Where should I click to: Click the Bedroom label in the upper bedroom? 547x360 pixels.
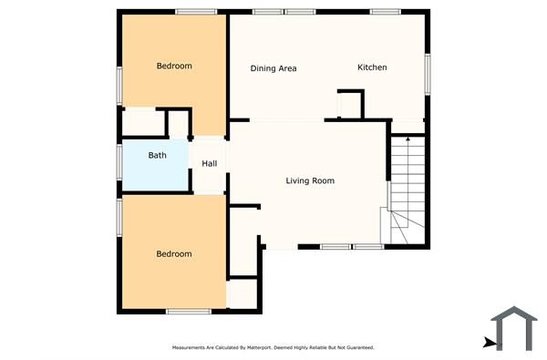[x=174, y=66]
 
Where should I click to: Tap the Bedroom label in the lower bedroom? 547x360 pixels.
[x=174, y=254]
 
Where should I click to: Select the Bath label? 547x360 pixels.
[x=158, y=156]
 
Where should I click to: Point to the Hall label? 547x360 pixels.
[x=210, y=164]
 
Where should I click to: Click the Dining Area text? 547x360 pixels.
[x=273, y=68]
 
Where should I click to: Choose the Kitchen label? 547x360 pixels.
[x=372, y=67]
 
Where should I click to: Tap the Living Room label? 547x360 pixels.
[x=310, y=180]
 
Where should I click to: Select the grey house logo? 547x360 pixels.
[x=514, y=329]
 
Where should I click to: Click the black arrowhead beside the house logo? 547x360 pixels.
[x=490, y=343]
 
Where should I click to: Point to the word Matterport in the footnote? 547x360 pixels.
[x=248, y=347]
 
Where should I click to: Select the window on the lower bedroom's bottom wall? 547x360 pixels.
[x=190, y=313]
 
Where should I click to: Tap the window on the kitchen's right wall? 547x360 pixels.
[x=426, y=73]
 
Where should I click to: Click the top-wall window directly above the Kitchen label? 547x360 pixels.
[x=385, y=11]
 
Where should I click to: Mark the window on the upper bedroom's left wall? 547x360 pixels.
[x=119, y=82]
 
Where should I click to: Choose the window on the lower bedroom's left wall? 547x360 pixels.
[x=119, y=218]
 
